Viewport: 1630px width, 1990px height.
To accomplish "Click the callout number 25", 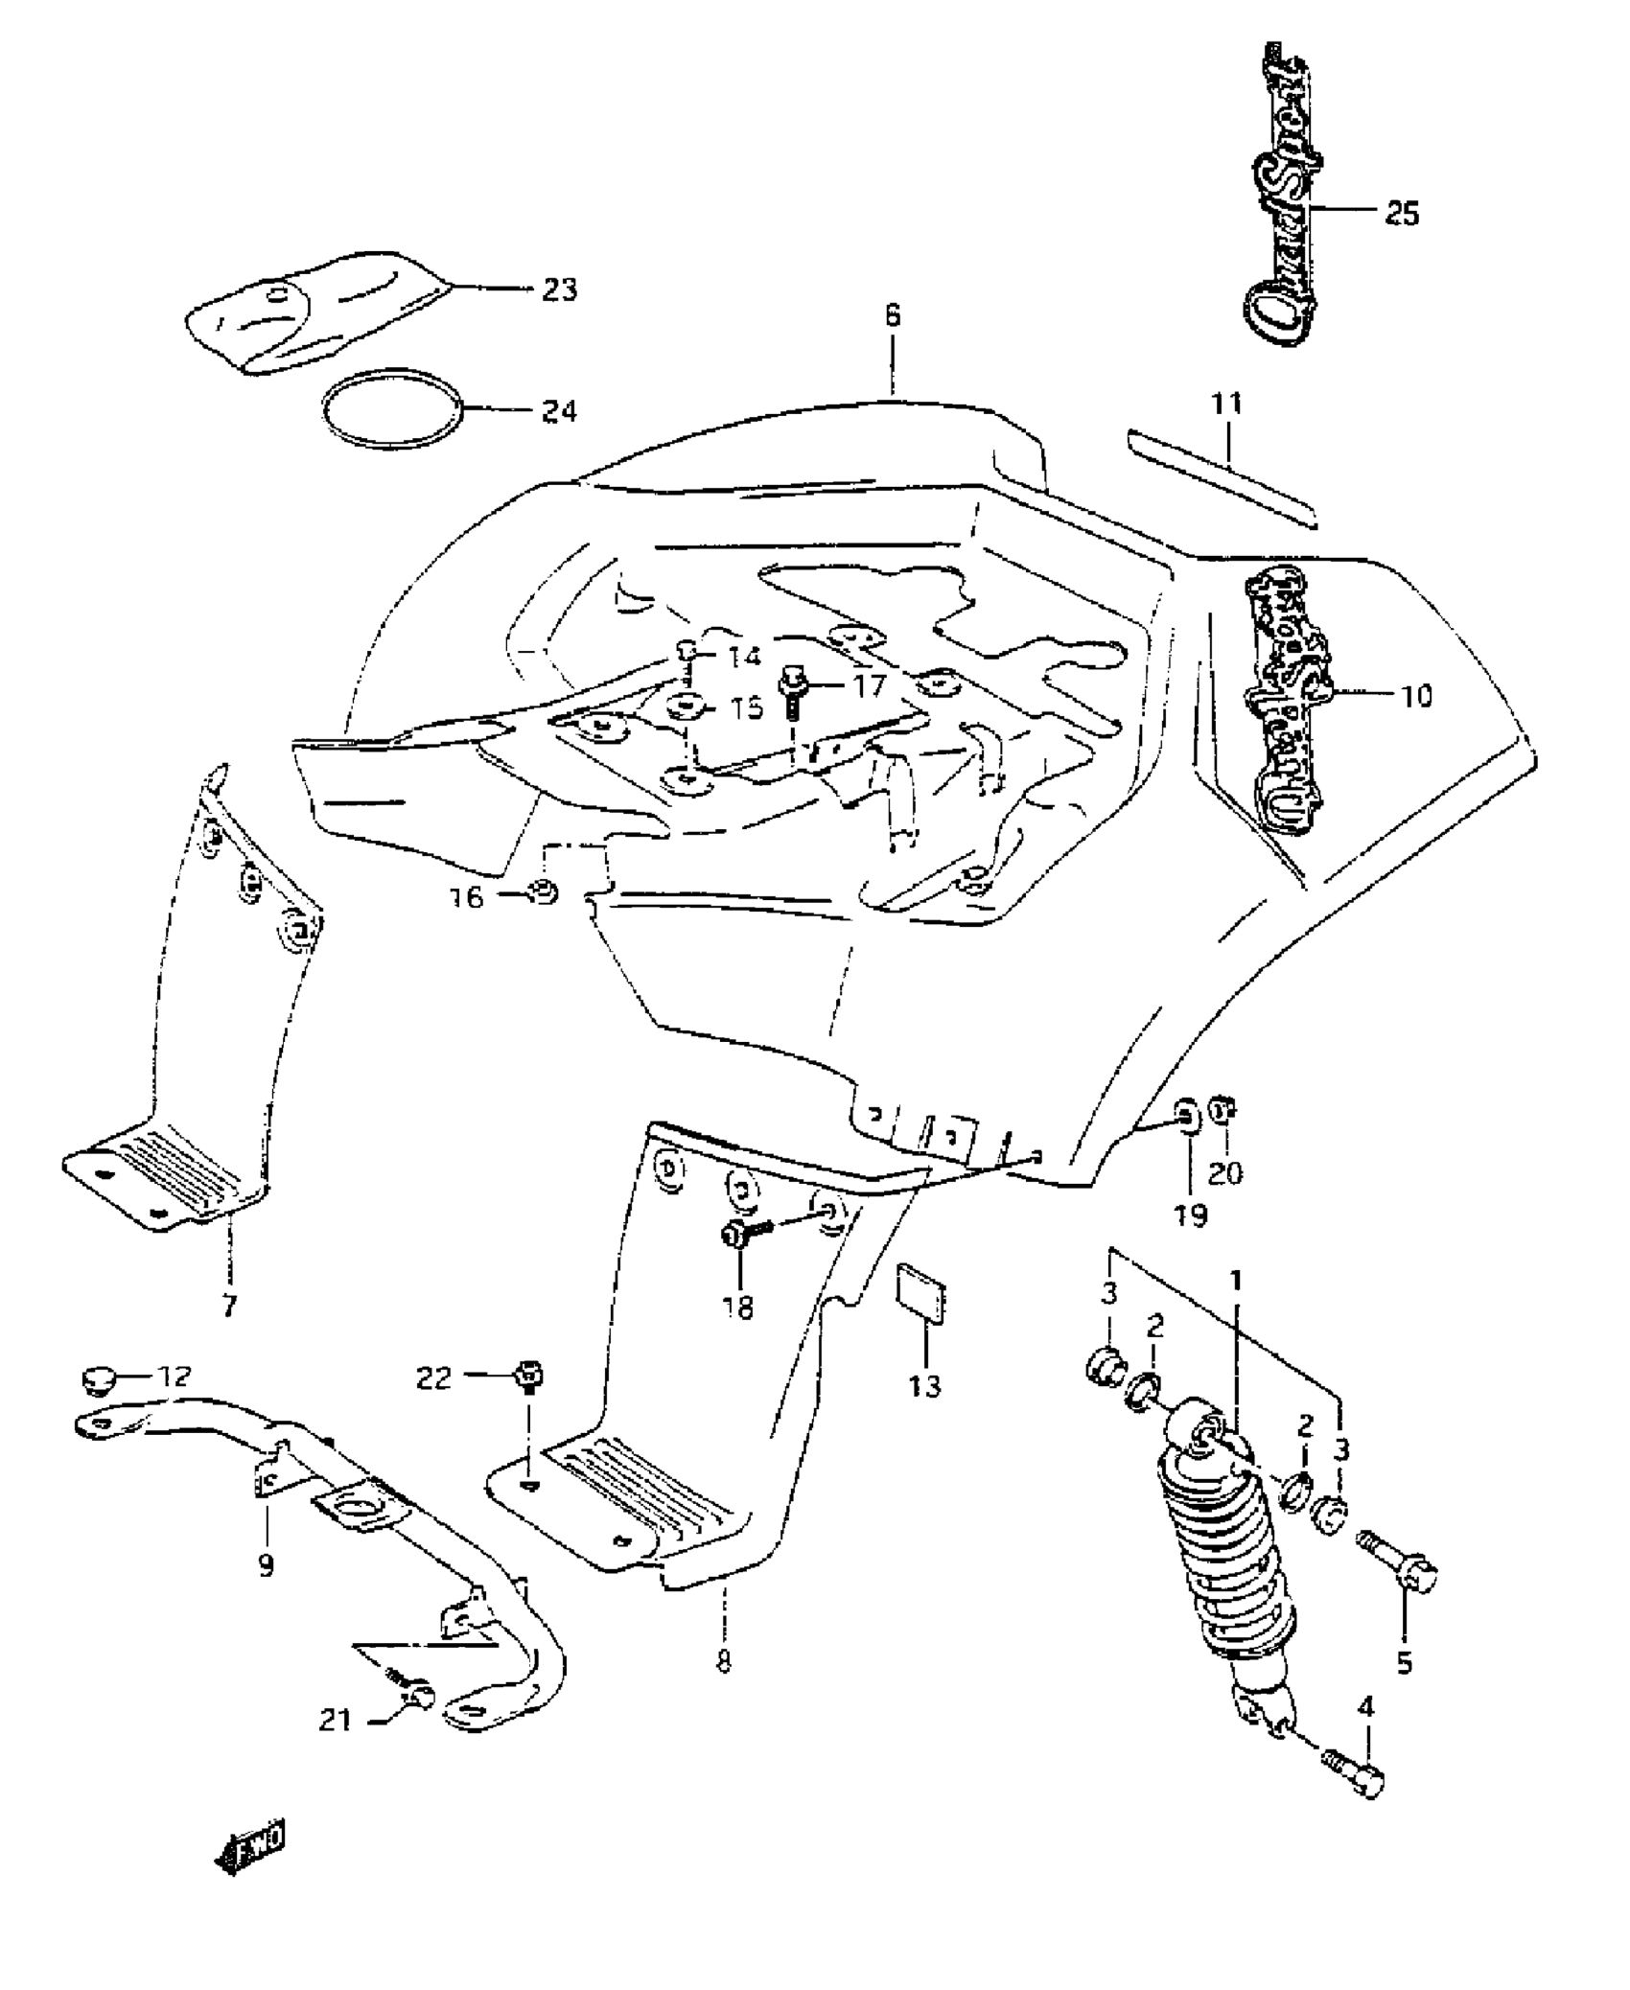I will pos(1402,213).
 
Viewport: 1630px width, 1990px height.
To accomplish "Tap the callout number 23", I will pos(560,289).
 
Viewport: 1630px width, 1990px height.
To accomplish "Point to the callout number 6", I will pos(893,316).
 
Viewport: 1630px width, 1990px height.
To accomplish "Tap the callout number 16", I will pos(468,898).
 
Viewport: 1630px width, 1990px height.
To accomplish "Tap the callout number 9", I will pos(267,1566).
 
